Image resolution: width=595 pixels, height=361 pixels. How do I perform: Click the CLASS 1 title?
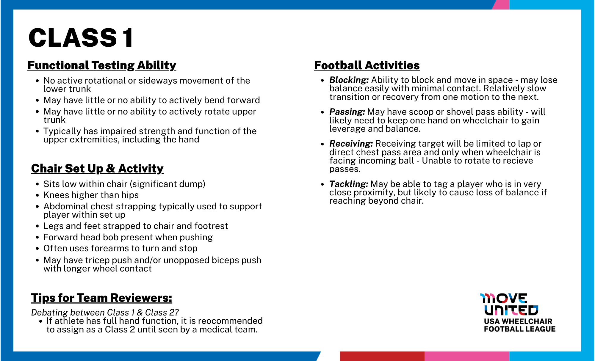point(81,38)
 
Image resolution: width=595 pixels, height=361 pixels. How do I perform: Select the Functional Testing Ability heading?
point(102,65)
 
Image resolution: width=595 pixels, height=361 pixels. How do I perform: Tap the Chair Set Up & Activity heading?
point(97,169)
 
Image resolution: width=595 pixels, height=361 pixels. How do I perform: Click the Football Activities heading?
point(367,65)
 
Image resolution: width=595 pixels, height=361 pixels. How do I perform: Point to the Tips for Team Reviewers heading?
point(101,298)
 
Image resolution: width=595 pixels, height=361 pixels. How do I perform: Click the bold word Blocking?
point(349,80)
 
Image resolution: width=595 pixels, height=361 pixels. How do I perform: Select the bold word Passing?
point(347,112)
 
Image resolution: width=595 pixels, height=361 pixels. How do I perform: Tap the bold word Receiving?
point(351,144)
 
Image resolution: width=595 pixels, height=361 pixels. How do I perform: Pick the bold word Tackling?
point(348,184)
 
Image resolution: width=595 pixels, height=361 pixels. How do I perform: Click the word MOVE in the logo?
point(504,298)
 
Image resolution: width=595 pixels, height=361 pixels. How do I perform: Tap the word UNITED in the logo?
point(511,310)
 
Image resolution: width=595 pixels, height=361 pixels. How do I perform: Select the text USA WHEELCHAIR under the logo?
point(518,321)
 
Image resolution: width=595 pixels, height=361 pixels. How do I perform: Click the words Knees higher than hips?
point(91,195)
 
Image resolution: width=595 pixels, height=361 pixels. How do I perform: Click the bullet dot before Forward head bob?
point(37,237)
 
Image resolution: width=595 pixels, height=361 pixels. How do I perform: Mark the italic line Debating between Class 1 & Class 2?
point(105,313)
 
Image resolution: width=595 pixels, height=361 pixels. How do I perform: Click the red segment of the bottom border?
point(382,356)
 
